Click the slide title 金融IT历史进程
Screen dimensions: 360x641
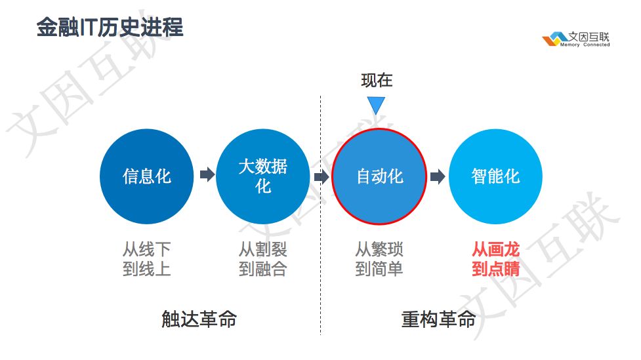pyautogui.click(x=110, y=28)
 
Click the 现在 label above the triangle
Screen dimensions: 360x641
pyautogui.click(x=377, y=81)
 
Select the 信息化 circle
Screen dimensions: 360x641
pyautogui.click(x=146, y=176)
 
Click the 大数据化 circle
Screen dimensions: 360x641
pyautogui.click(x=262, y=176)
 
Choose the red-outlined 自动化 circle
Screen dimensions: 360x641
pyautogui.click(x=379, y=176)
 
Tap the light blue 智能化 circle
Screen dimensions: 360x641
pyautogui.click(x=495, y=176)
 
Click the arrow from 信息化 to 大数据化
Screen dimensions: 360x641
pyautogui.click(x=207, y=175)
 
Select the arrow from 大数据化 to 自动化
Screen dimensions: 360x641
pyautogui.click(x=321, y=177)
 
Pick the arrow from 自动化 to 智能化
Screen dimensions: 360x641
pyautogui.click(x=438, y=177)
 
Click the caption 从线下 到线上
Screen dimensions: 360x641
pyautogui.click(x=146, y=259)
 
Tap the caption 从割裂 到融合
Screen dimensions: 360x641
pyautogui.click(x=262, y=259)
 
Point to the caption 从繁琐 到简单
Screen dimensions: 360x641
pyautogui.click(x=379, y=259)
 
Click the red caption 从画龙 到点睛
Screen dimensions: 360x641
pyautogui.click(x=495, y=259)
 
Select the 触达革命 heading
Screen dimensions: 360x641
pyautogui.click(x=199, y=319)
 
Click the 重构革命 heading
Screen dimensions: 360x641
pyautogui.click(x=438, y=319)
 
